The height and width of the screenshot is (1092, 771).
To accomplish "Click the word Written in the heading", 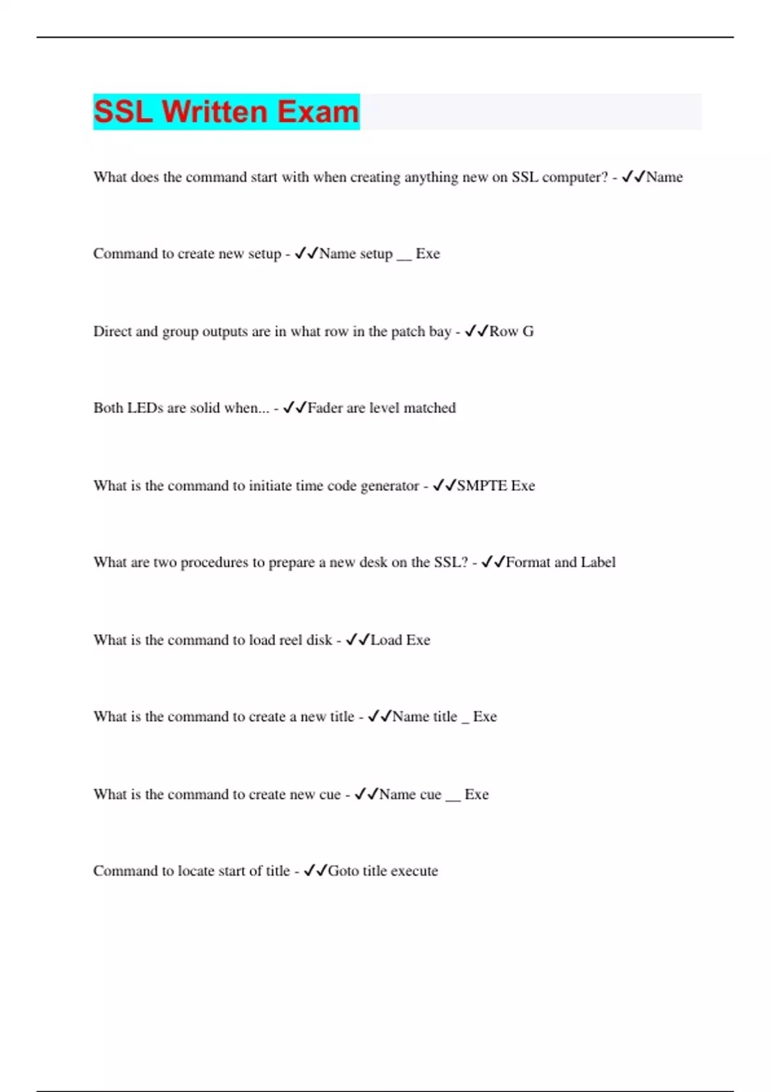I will (215, 112).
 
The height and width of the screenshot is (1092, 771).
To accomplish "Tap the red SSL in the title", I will (123, 112).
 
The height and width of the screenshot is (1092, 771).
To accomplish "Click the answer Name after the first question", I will (664, 177).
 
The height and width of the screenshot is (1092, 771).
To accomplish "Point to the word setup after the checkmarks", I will (375, 254).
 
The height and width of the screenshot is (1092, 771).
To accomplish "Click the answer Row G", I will (511, 331).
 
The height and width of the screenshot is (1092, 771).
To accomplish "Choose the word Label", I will (598, 563).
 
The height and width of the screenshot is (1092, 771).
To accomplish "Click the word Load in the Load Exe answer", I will (386, 640).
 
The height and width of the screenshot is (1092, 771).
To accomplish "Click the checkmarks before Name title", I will (379, 716).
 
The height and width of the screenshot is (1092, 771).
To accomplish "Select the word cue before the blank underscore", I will (430, 795).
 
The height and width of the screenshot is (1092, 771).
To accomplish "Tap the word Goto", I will (343, 871).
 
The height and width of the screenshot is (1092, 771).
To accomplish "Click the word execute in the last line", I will (414, 871).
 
